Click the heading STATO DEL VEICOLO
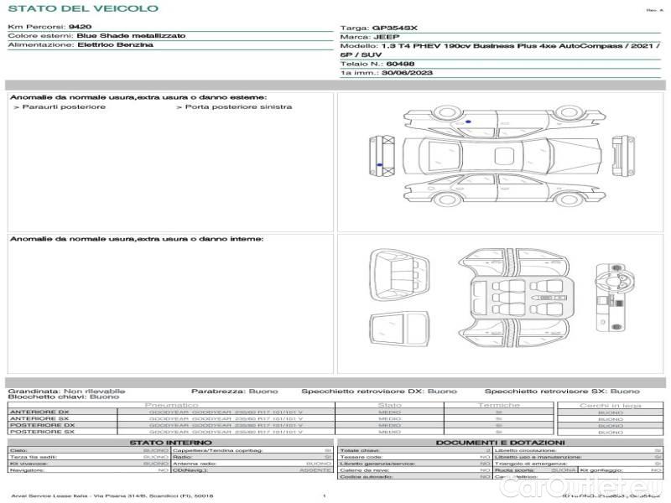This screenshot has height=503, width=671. (x=82, y=8)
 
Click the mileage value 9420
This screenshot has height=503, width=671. (x=80, y=27)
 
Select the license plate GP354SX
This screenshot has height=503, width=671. (x=395, y=28)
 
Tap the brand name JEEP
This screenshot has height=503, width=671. (x=386, y=37)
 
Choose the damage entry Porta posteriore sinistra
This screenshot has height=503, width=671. (x=239, y=107)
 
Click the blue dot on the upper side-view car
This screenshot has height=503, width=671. (x=468, y=122)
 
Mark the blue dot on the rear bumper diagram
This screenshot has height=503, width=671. (x=380, y=163)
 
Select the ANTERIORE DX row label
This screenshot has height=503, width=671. (x=39, y=412)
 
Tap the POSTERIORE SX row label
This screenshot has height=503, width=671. (x=41, y=433)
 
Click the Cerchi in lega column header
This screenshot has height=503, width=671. (x=610, y=405)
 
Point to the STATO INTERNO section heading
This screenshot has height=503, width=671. (x=171, y=443)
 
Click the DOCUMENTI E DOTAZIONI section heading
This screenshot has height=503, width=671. (x=500, y=443)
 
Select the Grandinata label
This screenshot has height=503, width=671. (x=34, y=391)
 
